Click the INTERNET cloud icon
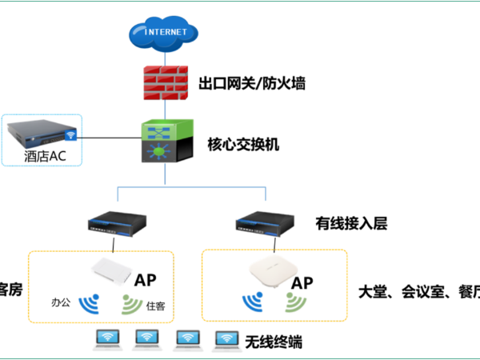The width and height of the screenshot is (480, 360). click(166, 34)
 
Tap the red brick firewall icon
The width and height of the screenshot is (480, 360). click(166, 82)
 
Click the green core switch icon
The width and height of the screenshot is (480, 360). click(166, 142)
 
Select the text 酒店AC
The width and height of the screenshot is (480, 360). click(45, 155)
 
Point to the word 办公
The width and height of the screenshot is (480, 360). click(61, 304)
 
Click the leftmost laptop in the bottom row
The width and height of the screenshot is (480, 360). click(106, 340)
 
